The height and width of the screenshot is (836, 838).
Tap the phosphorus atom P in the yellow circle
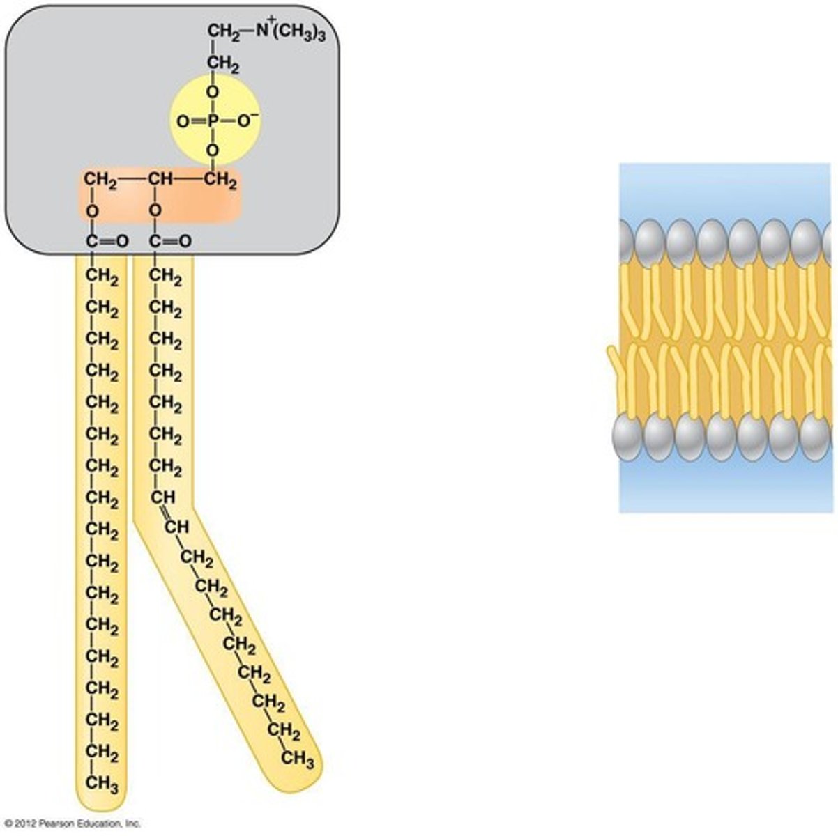(x=213, y=122)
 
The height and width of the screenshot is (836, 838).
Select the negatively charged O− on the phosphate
(x=247, y=121)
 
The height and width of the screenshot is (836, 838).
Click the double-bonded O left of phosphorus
(x=182, y=123)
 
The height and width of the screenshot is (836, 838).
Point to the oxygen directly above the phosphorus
(x=213, y=92)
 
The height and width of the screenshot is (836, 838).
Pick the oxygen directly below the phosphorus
(x=213, y=150)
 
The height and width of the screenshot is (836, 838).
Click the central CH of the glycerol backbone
(x=160, y=181)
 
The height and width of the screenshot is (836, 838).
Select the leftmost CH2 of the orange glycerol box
(x=99, y=181)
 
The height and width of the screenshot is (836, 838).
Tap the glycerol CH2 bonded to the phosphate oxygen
(x=221, y=183)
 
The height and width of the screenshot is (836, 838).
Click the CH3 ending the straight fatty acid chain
(x=102, y=784)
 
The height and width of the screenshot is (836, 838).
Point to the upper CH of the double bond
(x=163, y=497)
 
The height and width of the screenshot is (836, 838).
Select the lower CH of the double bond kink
(x=176, y=527)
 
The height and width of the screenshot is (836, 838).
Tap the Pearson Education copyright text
(x=72, y=823)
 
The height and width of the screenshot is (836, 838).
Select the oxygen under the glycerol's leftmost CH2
(x=93, y=210)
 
